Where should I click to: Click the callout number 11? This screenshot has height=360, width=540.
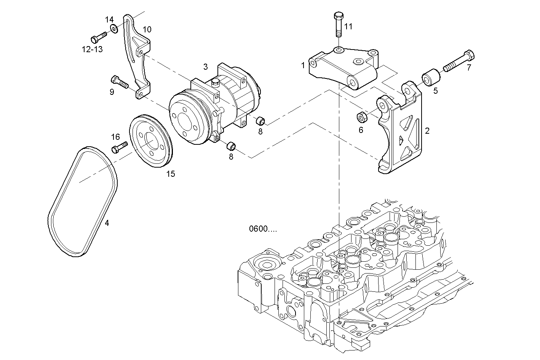tap(348, 26)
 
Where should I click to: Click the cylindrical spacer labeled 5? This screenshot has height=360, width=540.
tap(431, 77)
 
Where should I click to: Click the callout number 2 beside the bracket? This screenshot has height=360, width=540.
tap(427, 131)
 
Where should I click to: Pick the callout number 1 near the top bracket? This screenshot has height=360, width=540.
tap(303, 65)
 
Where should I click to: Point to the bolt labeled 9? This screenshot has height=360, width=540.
tap(120, 82)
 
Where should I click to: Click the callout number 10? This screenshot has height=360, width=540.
tap(147, 29)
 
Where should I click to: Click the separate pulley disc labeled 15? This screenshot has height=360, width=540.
tap(151, 141)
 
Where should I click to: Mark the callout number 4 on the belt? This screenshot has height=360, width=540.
tap(107, 223)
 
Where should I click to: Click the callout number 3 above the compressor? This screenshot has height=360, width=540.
tap(205, 67)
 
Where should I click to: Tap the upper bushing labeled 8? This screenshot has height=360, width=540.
tap(260, 121)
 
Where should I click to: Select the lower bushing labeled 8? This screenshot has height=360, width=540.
tap(231, 146)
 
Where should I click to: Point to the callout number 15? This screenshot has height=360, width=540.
tap(170, 174)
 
